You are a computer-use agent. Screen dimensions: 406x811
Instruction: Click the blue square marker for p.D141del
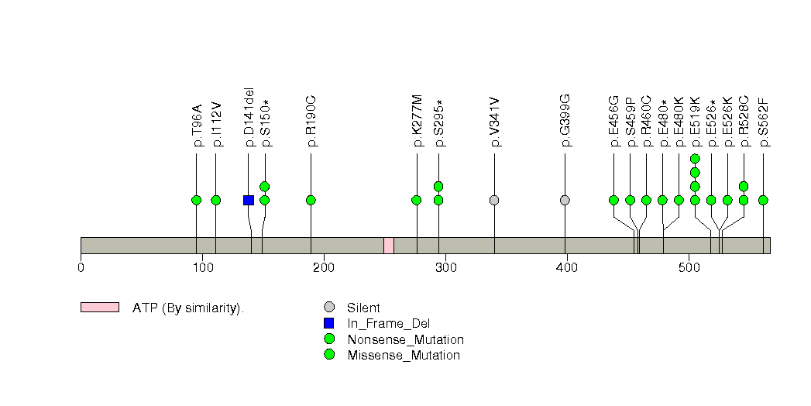click(249, 200)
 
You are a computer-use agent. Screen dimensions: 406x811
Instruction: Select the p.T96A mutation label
click(197, 126)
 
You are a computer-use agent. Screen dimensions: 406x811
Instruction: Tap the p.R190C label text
click(311, 122)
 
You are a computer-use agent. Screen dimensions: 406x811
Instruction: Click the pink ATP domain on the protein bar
click(389, 246)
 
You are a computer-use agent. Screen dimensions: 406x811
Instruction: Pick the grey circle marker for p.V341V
click(494, 200)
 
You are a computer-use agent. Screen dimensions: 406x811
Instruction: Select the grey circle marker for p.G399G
click(565, 200)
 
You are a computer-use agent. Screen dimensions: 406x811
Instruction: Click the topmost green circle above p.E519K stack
click(695, 159)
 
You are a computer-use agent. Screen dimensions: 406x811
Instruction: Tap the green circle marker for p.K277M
click(417, 200)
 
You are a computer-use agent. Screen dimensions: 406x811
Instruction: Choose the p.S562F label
click(763, 122)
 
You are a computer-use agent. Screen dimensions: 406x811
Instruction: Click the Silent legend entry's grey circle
click(329, 308)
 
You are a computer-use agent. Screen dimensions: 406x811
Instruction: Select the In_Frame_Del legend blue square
click(329, 323)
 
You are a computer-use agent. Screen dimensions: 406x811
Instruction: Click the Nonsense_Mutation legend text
click(405, 339)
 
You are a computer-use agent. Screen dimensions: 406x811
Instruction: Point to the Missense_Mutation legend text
click(404, 356)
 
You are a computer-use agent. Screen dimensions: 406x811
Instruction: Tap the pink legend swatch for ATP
click(100, 308)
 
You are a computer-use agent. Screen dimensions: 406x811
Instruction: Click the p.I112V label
click(216, 125)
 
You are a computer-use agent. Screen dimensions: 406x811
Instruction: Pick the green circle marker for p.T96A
click(196, 200)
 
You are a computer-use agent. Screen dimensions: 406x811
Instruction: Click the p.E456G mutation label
click(613, 121)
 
